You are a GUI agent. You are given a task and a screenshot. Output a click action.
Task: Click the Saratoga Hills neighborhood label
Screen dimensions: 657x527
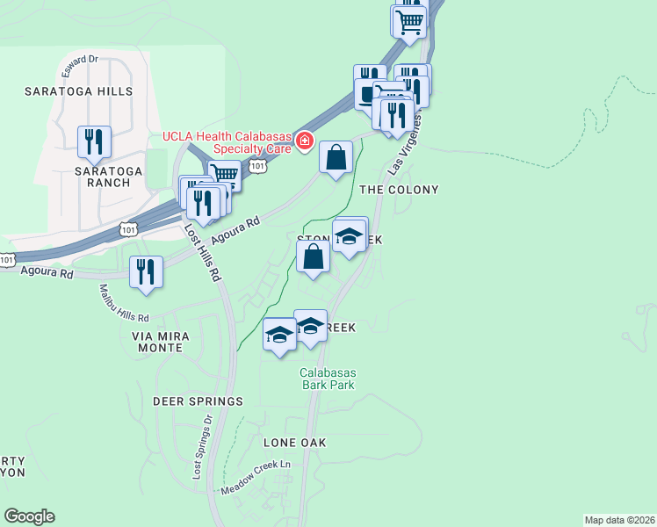[78, 91]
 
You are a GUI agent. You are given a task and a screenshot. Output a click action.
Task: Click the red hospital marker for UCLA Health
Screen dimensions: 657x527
[305, 141]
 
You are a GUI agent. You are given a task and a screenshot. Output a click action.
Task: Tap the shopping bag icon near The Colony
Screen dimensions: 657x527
[336, 158]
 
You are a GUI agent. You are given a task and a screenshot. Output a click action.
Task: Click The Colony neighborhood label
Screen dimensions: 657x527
[398, 190]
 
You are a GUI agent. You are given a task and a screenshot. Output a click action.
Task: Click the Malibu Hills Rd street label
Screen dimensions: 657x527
[124, 303]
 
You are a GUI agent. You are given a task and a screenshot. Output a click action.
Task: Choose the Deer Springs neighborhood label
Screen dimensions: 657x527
[198, 401]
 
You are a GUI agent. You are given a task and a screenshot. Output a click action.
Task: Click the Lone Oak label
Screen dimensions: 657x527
[295, 443]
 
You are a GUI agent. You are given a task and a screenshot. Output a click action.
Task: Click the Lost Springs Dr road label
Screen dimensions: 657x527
[201, 447]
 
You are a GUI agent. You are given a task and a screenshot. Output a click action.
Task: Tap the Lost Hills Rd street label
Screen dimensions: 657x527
[201, 256]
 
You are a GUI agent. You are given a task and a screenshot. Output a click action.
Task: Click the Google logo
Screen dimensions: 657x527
[29, 516]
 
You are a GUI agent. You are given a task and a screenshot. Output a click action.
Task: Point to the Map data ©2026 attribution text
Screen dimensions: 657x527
[619, 519]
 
